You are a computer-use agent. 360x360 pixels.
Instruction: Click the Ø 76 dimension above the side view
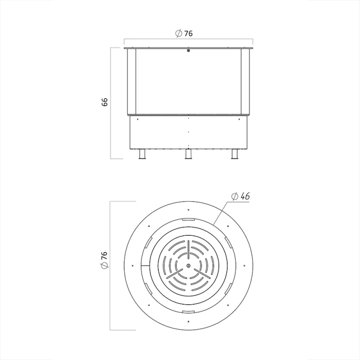tap(184, 33)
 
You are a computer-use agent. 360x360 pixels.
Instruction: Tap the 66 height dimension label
tap(105, 102)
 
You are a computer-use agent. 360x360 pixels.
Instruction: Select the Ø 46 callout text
tap(240, 196)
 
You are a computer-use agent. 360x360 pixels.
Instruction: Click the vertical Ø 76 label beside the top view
tap(104, 260)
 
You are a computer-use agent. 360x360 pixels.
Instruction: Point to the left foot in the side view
tap(142, 154)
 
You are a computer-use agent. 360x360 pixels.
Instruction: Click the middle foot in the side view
tap(188, 154)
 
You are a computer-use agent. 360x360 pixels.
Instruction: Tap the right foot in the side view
tap(235, 154)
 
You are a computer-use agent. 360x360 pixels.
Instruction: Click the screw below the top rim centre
tap(188, 50)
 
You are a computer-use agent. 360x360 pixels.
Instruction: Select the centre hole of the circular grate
tap(188, 265)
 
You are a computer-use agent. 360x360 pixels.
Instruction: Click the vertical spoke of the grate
tap(188, 250)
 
